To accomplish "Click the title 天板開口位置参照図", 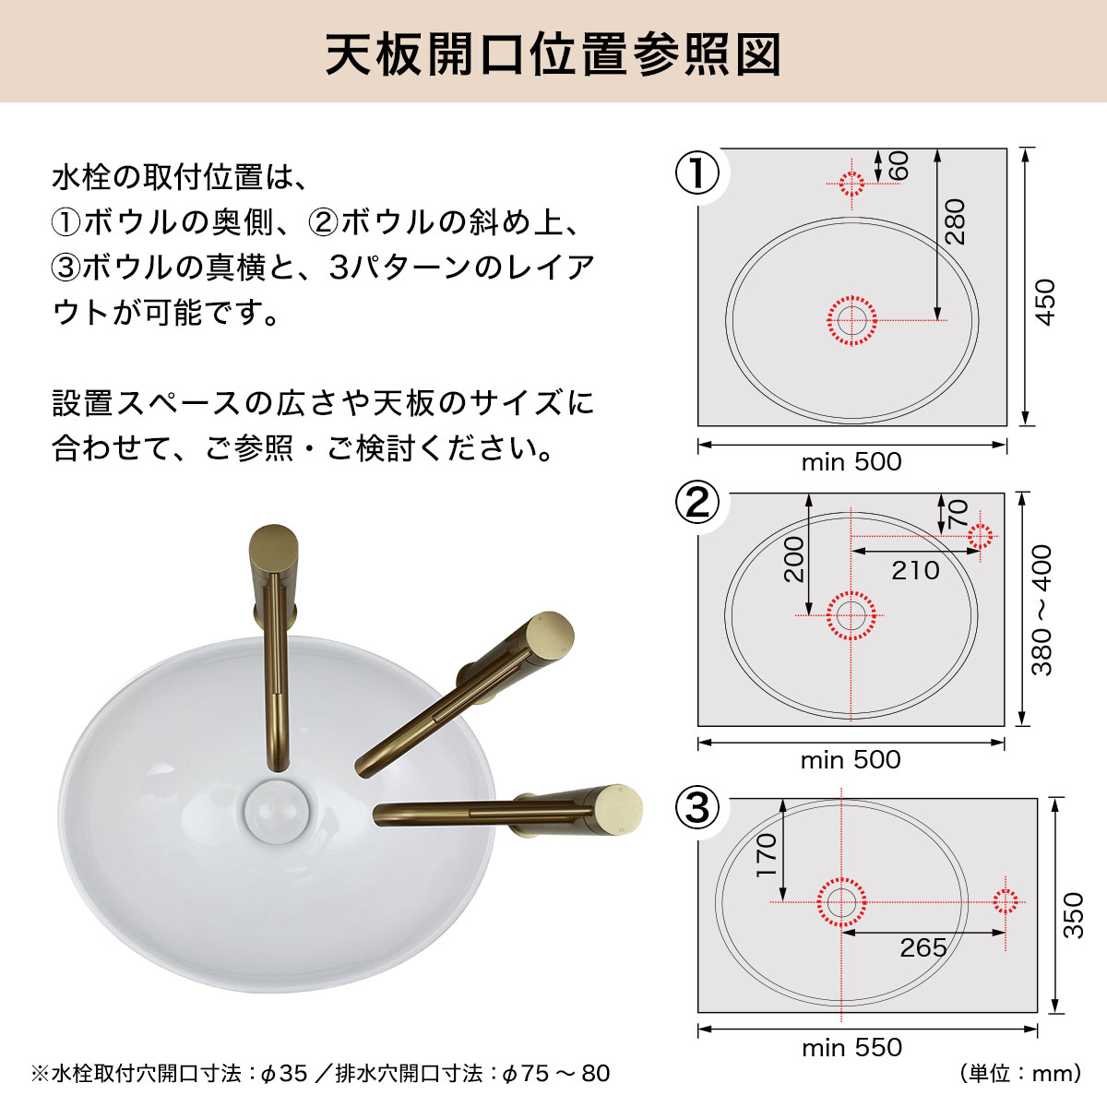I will click(x=553, y=54).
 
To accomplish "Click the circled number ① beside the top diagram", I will click(x=697, y=173).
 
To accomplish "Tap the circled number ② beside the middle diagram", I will click(x=697, y=503).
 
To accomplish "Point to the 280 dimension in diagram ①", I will click(x=957, y=221).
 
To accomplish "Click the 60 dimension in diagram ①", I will click(x=899, y=166).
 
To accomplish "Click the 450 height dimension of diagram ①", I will click(x=1045, y=302).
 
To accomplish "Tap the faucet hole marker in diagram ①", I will click(x=851, y=183).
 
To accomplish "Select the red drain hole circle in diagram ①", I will click(x=851, y=320).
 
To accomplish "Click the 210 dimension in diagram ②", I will click(x=915, y=570).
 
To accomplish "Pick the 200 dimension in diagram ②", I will click(x=794, y=559).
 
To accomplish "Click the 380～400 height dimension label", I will click(x=1042, y=610).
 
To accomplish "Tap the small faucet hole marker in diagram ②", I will click(x=980, y=536).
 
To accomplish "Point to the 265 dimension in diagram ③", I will click(x=923, y=947).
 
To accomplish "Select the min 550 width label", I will click(x=851, y=1048).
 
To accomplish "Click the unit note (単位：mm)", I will click(x=1020, y=1074).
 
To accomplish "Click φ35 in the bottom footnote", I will click(x=284, y=1074).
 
